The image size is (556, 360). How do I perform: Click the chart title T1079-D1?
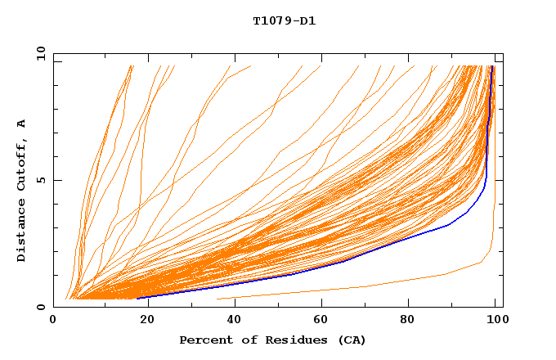[x=284, y=20]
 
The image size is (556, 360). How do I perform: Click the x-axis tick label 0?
[x=53, y=321]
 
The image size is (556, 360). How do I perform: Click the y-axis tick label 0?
[x=41, y=307]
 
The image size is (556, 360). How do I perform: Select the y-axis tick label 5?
[x=41, y=180]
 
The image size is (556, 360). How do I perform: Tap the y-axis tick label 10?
[x=39, y=53]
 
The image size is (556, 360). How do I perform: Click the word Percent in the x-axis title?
[x=204, y=340]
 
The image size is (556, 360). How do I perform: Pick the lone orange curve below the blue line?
[x=368, y=286]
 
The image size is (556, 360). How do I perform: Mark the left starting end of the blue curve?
[x=138, y=298]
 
